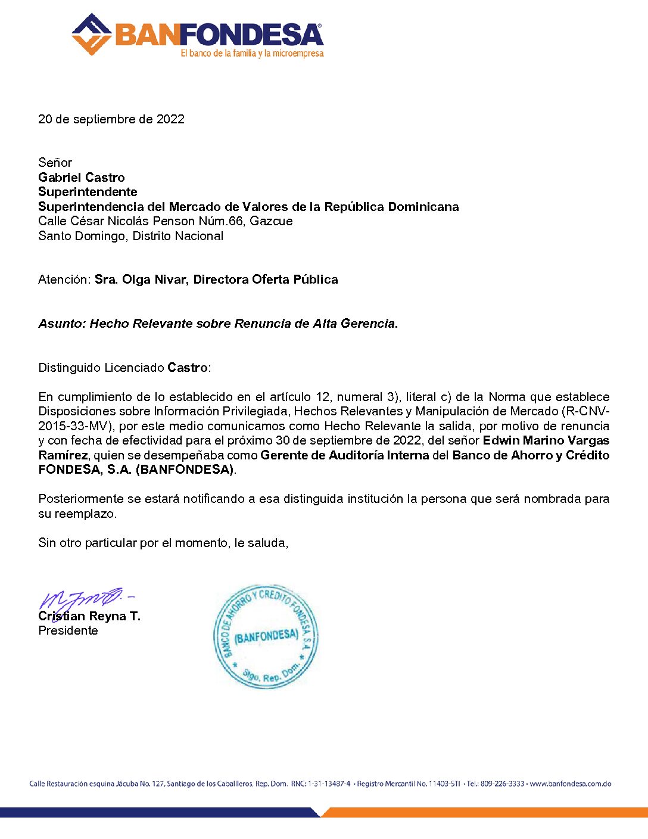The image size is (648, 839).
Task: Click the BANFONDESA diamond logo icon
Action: pyautogui.click(x=91, y=35)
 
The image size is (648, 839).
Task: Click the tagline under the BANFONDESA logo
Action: pyautogui.click(x=252, y=54)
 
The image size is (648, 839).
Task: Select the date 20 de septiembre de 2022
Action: pyautogui.click(x=111, y=119)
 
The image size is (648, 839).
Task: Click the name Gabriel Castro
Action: pyautogui.click(x=82, y=178)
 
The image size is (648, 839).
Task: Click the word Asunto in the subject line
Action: pyautogui.click(x=61, y=324)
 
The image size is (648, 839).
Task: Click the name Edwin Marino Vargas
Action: pyautogui.click(x=546, y=441)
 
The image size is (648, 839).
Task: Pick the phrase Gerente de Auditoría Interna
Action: pyautogui.click(x=345, y=455)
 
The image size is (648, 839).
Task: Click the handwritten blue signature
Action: pyautogui.click(x=83, y=598)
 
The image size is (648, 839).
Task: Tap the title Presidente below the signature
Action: pyautogui.click(x=68, y=630)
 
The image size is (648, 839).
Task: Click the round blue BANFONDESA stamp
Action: pyautogui.click(x=266, y=636)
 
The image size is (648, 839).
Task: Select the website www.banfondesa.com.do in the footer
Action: pyautogui.click(x=570, y=784)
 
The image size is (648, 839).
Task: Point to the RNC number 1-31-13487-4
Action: pyautogui.click(x=329, y=784)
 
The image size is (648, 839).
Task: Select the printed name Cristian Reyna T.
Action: pyautogui.click(x=89, y=616)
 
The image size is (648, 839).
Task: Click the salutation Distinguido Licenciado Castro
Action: pyautogui.click(x=124, y=368)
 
